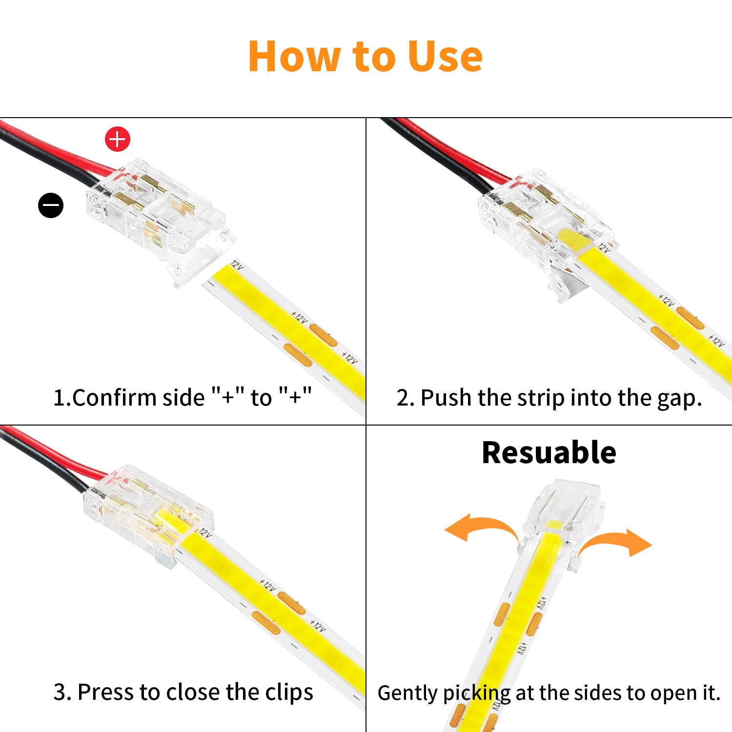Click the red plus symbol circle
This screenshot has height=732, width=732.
tap(118, 139)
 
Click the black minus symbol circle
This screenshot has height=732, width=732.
tap(51, 205)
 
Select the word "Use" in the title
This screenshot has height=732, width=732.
tap(445, 57)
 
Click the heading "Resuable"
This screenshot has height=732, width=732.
tap(549, 452)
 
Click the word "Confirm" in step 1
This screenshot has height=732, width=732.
tap(114, 398)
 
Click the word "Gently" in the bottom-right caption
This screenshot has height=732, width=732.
tap(408, 693)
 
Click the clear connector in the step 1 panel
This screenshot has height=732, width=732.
tap(156, 220)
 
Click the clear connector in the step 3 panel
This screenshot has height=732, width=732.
tap(146, 512)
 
